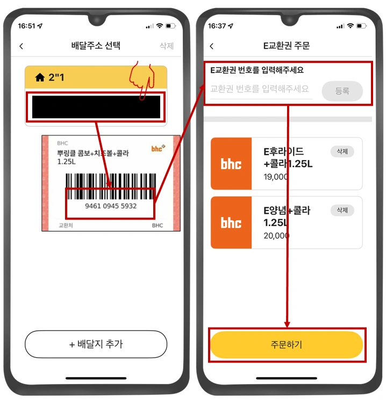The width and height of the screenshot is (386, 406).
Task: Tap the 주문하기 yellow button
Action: pos(287,345)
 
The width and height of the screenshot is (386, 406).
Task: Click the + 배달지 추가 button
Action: pos(96,344)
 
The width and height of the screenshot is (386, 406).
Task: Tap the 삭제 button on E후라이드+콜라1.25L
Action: pos(342,151)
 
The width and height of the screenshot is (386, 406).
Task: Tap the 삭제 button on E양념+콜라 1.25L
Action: pos(342,210)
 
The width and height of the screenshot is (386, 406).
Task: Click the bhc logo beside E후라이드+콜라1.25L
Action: pos(231,164)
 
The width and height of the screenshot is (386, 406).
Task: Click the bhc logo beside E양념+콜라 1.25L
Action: pos(231,222)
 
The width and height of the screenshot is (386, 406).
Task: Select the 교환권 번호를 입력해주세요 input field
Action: pos(260,89)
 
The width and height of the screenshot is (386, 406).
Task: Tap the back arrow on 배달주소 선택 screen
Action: pos(22,46)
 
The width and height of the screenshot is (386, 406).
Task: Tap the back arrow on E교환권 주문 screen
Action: pos(212,46)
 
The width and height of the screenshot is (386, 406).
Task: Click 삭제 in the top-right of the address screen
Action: pos(166,46)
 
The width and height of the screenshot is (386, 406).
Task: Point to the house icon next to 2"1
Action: pos(39,77)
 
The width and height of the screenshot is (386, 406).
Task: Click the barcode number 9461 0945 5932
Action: pos(111,206)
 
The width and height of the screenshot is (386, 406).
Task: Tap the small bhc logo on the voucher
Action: pos(158,148)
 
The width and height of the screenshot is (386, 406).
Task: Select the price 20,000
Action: pos(276,235)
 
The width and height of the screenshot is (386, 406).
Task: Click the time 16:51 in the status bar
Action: pos(26,26)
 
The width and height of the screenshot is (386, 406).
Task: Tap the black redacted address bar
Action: pos(96,106)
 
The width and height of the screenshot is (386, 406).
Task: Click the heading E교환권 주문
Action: pos(287,46)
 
